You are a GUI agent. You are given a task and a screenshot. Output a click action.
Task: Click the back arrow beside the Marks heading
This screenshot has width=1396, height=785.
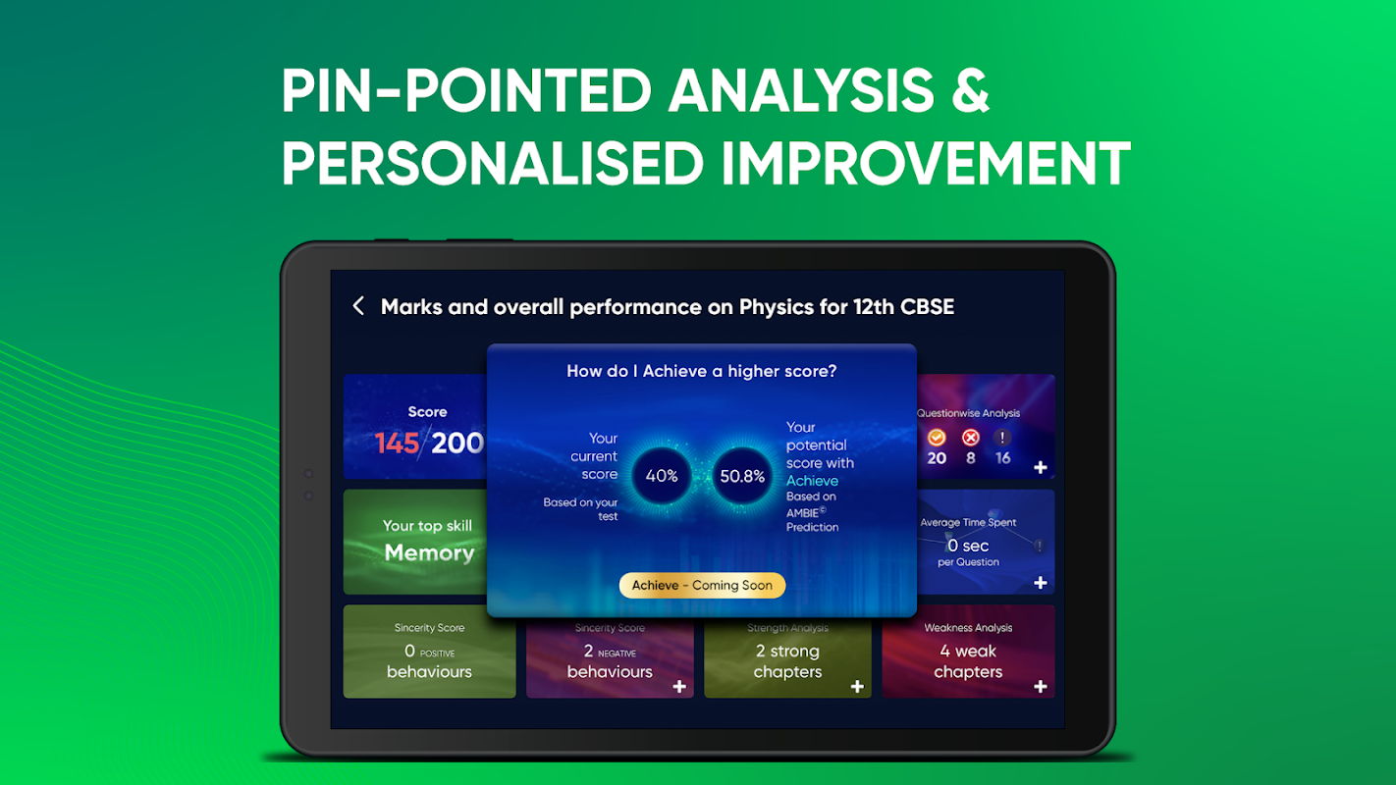[x=358, y=306]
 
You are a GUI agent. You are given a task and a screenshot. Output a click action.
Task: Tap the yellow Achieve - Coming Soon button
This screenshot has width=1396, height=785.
[x=702, y=585]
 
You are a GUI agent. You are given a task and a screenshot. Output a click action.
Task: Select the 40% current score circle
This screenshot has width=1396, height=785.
[x=662, y=476]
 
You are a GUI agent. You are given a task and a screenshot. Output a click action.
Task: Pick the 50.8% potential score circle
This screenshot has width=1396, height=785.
[x=741, y=476]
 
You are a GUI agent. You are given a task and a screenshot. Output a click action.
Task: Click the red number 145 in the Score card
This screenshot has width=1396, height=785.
[x=397, y=443]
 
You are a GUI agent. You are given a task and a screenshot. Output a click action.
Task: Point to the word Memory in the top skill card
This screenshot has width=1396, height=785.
[x=429, y=552]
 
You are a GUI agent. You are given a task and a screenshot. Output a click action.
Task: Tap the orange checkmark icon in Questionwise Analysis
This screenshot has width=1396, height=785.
[x=937, y=438]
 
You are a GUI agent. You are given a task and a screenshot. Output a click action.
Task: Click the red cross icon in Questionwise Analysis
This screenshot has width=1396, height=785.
[x=970, y=438]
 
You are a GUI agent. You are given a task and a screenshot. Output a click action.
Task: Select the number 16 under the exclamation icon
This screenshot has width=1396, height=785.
[x=1002, y=458]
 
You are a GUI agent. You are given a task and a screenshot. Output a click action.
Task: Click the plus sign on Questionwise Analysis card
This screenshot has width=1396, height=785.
[x=1041, y=467]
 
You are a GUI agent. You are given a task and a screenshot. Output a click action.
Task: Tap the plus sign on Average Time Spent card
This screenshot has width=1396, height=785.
[x=1041, y=583]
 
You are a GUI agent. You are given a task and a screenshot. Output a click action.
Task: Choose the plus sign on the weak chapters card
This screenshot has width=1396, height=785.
[x=1041, y=686]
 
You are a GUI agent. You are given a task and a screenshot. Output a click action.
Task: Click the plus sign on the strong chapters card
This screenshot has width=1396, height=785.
[x=858, y=686]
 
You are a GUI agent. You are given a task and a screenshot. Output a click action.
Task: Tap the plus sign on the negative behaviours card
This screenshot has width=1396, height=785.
[x=679, y=686]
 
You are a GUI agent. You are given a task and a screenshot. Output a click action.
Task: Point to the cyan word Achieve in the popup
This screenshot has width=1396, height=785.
[x=812, y=481]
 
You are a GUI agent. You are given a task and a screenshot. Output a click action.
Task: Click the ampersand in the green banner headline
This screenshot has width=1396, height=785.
[x=970, y=91]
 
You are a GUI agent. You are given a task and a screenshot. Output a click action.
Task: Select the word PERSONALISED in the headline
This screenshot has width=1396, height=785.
[x=493, y=163]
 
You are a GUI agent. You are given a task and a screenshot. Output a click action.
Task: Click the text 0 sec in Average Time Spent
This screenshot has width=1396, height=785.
[x=968, y=546]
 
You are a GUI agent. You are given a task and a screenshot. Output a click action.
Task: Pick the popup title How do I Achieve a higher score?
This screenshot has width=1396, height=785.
[x=702, y=371]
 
